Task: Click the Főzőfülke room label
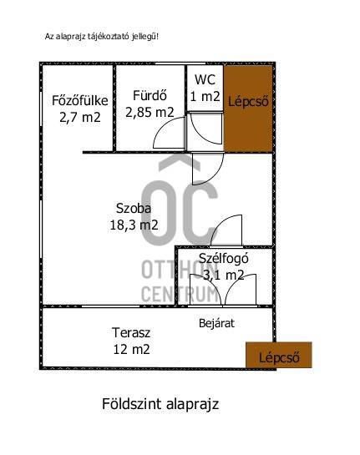(80, 100)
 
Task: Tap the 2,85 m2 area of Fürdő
(150, 113)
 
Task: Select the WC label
(205, 80)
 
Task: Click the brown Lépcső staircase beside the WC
(248, 109)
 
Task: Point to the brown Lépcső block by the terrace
(279, 355)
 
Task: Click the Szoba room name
(134, 209)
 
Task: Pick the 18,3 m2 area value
(134, 225)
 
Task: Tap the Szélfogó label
(224, 259)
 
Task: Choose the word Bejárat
(216, 323)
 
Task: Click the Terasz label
(131, 333)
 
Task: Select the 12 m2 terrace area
(131, 349)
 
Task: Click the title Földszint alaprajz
(160, 404)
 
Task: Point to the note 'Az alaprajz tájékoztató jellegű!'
(102, 37)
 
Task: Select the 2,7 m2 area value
(80, 118)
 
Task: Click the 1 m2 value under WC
(205, 96)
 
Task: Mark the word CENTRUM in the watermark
(180, 294)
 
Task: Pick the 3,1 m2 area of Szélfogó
(223, 276)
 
